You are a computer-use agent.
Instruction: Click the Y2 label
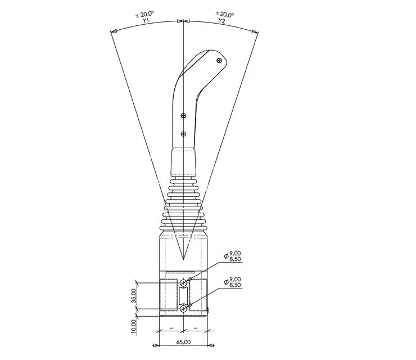[222, 21]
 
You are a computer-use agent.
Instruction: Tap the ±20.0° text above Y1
[144, 15]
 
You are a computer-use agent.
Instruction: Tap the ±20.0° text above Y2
[225, 14]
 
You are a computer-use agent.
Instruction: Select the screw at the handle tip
[219, 61]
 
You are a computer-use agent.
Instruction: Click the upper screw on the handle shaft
[184, 116]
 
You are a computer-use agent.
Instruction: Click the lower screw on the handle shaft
[184, 134]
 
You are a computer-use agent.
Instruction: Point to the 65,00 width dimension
[184, 342]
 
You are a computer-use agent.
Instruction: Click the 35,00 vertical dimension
[134, 296]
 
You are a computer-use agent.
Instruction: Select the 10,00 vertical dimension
[134, 326]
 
